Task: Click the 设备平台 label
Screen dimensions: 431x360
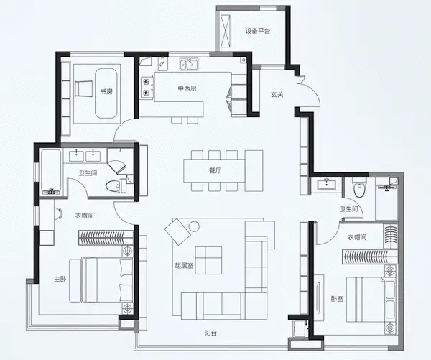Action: point(258,31)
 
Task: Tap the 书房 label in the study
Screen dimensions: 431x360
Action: point(106,91)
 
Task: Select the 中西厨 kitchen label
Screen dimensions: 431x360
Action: point(187,88)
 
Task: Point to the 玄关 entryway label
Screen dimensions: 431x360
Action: point(277,95)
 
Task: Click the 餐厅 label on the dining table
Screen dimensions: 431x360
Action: point(215,170)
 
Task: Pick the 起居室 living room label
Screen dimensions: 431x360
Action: point(184,265)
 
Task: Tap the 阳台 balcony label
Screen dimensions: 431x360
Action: point(210,333)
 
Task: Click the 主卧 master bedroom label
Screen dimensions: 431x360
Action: point(60,280)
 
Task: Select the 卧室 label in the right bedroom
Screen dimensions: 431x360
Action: point(337,299)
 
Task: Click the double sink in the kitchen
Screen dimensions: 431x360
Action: point(189,65)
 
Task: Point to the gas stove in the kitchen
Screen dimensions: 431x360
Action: point(147,88)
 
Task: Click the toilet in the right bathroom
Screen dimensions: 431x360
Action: point(359,188)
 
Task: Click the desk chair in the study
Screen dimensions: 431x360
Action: point(83,88)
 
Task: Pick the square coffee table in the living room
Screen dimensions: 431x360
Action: point(208,260)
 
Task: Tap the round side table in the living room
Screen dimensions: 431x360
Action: point(194,226)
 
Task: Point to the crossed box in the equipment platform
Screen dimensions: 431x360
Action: point(226,30)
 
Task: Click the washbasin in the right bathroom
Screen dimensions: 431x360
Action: point(326,184)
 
